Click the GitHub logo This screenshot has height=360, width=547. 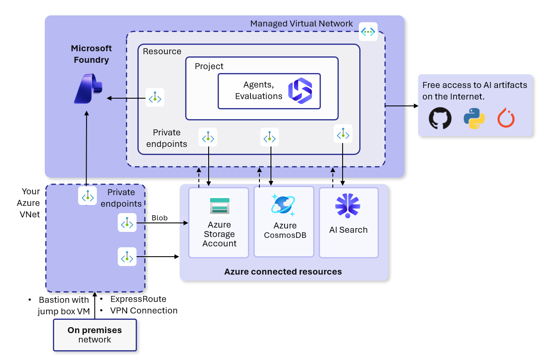[x=440, y=118]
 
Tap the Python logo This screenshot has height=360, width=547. [x=474, y=118]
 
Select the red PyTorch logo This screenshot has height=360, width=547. [x=506, y=118]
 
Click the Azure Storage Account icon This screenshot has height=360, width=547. [x=220, y=206]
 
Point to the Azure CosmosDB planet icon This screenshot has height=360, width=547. [x=283, y=205]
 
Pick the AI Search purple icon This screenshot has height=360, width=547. [x=348, y=205]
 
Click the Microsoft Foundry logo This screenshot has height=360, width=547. [x=88, y=88]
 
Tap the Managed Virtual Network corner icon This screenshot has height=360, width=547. [x=368, y=32]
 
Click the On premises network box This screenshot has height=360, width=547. [x=95, y=335]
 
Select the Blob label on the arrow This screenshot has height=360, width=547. [x=160, y=218]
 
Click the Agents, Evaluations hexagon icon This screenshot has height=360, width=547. [x=300, y=91]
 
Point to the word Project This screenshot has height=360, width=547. [x=209, y=66]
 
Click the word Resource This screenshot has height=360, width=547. [x=162, y=51]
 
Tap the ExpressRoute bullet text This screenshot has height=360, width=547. [x=138, y=299]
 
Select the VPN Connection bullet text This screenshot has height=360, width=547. [x=144, y=310]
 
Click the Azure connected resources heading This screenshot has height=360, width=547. [x=283, y=272]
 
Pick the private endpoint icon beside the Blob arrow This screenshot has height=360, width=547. [x=127, y=222]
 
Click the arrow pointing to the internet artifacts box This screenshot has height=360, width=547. [x=402, y=106]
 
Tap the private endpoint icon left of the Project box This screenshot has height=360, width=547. [x=155, y=97]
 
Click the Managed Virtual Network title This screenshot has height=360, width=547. [x=301, y=24]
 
